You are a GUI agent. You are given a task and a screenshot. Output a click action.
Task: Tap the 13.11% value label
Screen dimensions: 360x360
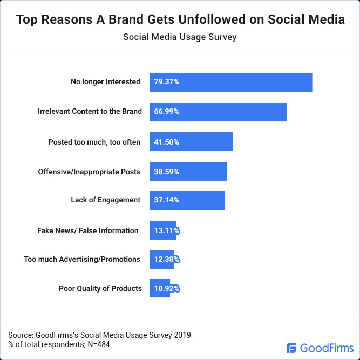click(165, 230)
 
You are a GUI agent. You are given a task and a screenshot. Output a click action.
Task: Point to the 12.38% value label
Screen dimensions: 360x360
click(165, 260)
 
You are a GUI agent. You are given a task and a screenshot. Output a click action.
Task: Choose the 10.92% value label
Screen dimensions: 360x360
click(165, 288)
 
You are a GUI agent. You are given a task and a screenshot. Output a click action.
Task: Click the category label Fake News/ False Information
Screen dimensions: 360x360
click(87, 230)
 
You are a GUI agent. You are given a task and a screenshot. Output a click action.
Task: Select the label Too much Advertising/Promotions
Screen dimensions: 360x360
click(82, 260)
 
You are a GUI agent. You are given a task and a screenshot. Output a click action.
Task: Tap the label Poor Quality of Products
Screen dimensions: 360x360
click(100, 288)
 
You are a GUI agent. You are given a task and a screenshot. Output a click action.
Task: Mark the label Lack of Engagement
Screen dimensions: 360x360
click(105, 200)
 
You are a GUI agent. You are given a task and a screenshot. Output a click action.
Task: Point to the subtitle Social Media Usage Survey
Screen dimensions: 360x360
click(180, 38)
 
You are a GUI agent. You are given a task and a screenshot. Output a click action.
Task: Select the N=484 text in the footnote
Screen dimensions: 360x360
click(98, 344)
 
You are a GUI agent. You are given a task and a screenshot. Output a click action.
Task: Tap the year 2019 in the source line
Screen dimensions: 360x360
click(181, 335)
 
